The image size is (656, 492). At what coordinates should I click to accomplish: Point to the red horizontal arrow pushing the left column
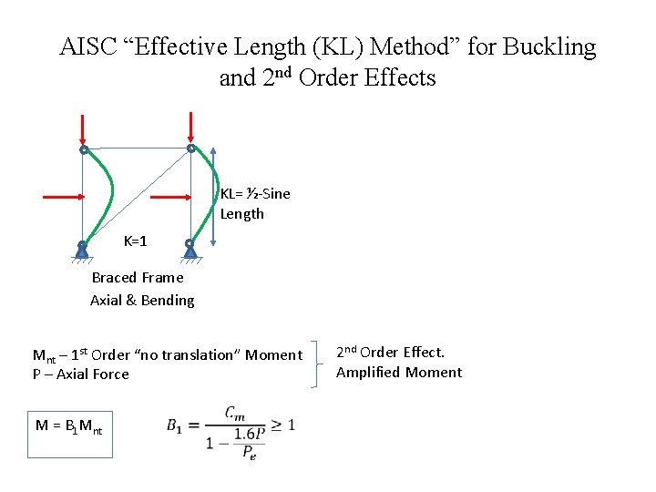point(63,196)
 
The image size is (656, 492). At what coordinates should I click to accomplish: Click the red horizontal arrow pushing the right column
point(169,196)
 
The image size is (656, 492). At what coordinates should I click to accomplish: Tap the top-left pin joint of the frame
point(83,149)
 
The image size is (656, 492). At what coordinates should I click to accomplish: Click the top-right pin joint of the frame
point(190,148)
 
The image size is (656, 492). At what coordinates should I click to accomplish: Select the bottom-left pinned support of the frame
point(82,248)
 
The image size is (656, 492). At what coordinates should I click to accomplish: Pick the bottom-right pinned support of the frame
point(190,248)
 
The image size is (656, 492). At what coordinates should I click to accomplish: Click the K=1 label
point(135,241)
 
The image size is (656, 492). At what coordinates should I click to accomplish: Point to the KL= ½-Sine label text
point(255,193)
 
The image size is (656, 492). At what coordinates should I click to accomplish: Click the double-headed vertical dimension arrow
point(213,196)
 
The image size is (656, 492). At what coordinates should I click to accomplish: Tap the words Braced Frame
point(138,277)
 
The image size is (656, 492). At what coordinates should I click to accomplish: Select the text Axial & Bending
point(142,300)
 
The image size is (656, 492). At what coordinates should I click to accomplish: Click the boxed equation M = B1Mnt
point(70,425)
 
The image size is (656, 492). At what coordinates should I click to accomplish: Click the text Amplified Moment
point(399,372)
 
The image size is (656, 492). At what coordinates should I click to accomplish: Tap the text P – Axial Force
point(81,374)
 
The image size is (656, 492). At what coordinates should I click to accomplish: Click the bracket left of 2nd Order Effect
point(316,364)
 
